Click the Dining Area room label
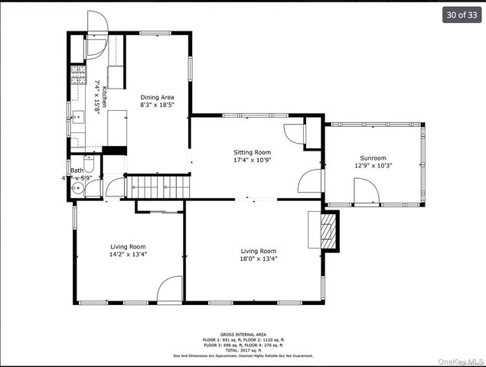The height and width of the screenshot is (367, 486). (x=156, y=97)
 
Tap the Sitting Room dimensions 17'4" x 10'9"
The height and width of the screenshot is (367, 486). (x=252, y=161)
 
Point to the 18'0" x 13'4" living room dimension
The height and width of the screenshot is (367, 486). (x=259, y=258)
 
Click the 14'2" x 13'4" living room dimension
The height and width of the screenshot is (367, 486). (x=128, y=255)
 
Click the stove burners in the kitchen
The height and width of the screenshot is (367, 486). (x=77, y=74)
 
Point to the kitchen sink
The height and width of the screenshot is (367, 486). (x=77, y=118)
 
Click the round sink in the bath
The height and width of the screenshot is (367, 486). (x=78, y=188)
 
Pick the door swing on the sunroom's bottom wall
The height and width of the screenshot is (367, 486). (x=367, y=191)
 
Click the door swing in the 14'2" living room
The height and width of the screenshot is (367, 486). (x=170, y=290)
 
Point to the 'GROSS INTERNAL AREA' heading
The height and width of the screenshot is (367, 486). (x=242, y=334)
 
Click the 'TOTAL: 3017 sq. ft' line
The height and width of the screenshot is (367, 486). (x=242, y=349)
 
